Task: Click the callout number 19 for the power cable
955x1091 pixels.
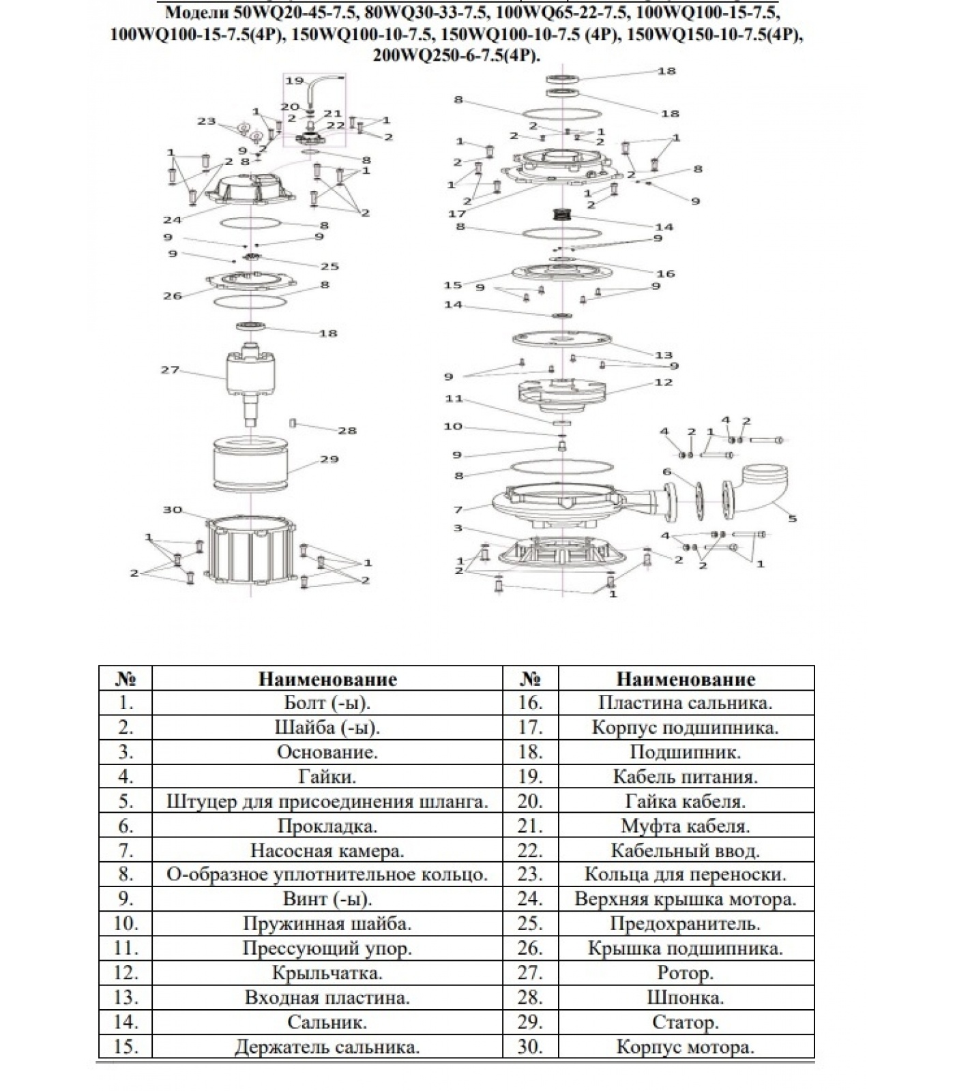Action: [x=294, y=80]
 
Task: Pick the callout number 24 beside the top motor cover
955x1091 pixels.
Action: [x=172, y=220]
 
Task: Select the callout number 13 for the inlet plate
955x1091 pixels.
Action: [x=663, y=355]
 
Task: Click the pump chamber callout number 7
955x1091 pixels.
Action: [x=458, y=509]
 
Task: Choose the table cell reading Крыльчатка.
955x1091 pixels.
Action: [x=327, y=973]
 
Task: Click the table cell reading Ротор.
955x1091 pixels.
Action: [x=685, y=973]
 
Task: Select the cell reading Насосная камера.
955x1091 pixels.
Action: [x=327, y=850]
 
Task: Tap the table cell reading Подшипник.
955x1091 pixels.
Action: [x=685, y=752]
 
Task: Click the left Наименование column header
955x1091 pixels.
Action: [x=327, y=679]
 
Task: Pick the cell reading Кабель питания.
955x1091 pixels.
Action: [x=685, y=777]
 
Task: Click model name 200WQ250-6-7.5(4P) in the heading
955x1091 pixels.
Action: [x=456, y=56]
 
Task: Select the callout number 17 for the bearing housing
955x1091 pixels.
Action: [x=456, y=213]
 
